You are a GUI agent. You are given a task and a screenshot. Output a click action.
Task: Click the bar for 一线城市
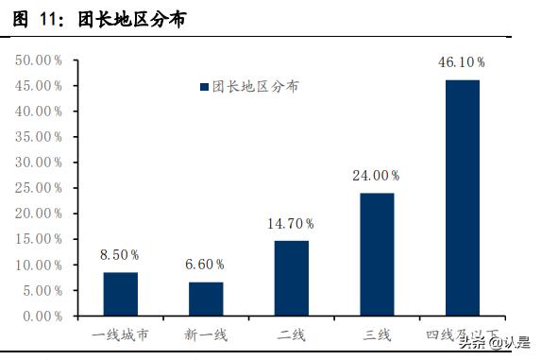pyautogui.click(x=120, y=293)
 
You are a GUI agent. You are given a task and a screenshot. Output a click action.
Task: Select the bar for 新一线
pyautogui.click(x=206, y=298)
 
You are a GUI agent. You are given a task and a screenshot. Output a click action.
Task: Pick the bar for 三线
pyautogui.click(x=377, y=253)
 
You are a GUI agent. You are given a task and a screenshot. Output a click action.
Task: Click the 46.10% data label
pyautogui.click(x=462, y=62)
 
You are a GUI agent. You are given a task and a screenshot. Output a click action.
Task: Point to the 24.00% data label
pyautogui.click(x=377, y=175)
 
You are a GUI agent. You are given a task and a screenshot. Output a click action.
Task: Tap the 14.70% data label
pyautogui.click(x=291, y=223)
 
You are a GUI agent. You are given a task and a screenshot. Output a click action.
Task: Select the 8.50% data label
pyautogui.click(x=120, y=254)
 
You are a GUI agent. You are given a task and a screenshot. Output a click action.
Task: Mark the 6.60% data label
pyautogui.click(x=206, y=265)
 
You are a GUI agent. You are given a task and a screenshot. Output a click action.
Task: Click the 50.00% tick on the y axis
pyautogui.click(x=39, y=60)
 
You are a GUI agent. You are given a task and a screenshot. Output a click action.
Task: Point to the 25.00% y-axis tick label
pyautogui.click(x=39, y=187)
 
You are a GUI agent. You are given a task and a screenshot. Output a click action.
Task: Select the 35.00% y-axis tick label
pyautogui.click(x=39, y=136)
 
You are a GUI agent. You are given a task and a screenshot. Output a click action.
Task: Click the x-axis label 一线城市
pyautogui.click(x=120, y=334)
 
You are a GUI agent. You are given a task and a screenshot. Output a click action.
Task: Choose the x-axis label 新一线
pyautogui.click(x=206, y=334)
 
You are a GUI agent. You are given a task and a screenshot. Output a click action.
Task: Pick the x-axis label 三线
pyautogui.click(x=377, y=334)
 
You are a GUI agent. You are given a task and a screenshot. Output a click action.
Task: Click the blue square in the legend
pyautogui.click(x=203, y=86)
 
